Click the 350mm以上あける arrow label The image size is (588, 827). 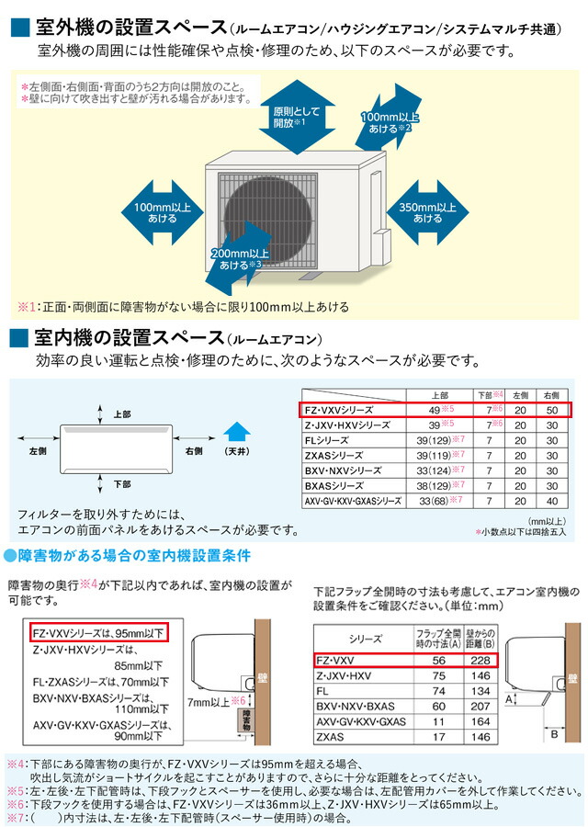(x=427, y=213)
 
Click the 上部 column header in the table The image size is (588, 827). (x=438, y=394)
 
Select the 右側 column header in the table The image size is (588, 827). (x=552, y=394)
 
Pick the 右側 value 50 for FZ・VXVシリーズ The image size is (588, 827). (x=552, y=410)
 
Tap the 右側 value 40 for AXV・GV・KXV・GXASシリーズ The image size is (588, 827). (x=552, y=501)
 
